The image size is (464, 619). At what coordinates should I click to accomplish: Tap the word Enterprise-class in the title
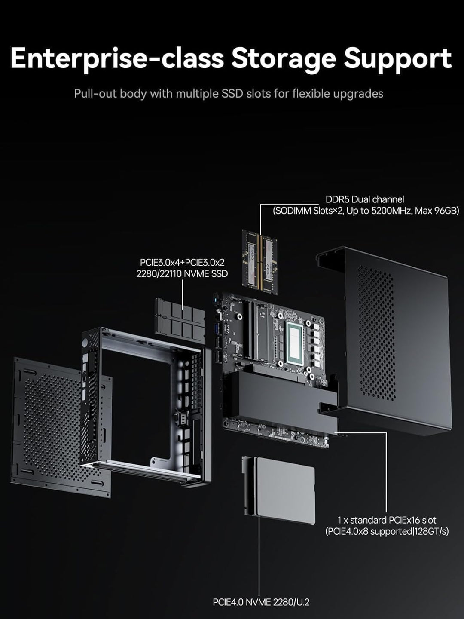117,58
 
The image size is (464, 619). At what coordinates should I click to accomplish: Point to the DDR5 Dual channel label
364,199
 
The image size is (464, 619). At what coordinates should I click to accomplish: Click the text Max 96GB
437,211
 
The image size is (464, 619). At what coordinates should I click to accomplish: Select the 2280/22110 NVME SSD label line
182,274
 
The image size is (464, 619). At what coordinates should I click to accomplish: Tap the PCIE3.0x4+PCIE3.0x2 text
182,262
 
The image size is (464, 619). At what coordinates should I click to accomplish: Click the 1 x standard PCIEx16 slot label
387,520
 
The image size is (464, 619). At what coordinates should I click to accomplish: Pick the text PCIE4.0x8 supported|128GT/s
387,532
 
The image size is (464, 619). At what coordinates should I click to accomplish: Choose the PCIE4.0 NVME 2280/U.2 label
261,602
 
